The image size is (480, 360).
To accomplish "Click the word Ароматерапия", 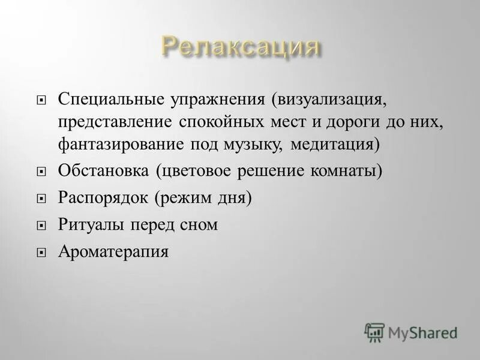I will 113,252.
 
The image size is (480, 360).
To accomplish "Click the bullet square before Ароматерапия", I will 41,253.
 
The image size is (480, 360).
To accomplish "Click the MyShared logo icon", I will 374,332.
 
